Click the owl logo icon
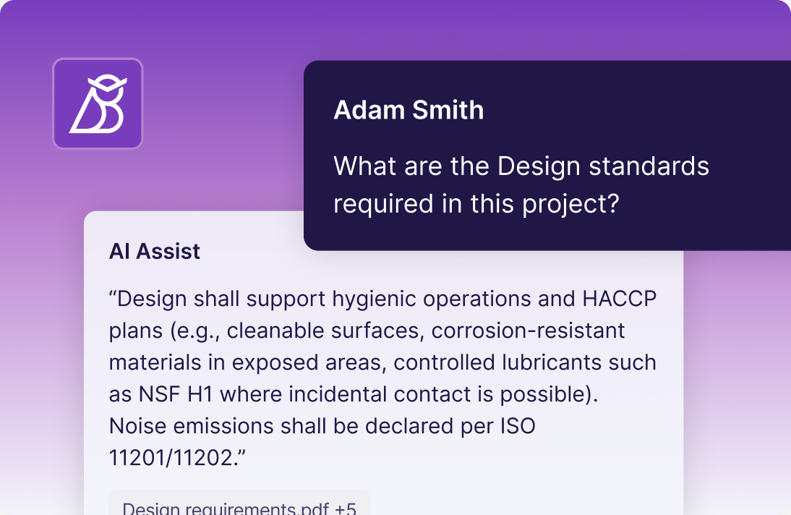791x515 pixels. [x=98, y=103]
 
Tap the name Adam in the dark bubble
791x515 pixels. [x=369, y=109]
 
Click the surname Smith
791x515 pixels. [x=448, y=109]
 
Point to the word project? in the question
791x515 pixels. [x=570, y=205]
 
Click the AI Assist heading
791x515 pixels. [x=154, y=252]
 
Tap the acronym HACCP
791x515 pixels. [x=620, y=299]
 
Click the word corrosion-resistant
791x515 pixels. [x=528, y=331]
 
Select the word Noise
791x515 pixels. [x=137, y=426]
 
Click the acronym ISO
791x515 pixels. [x=518, y=426]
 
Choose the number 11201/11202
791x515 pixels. [x=171, y=458]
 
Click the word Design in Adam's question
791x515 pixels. [x=539, y=167]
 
